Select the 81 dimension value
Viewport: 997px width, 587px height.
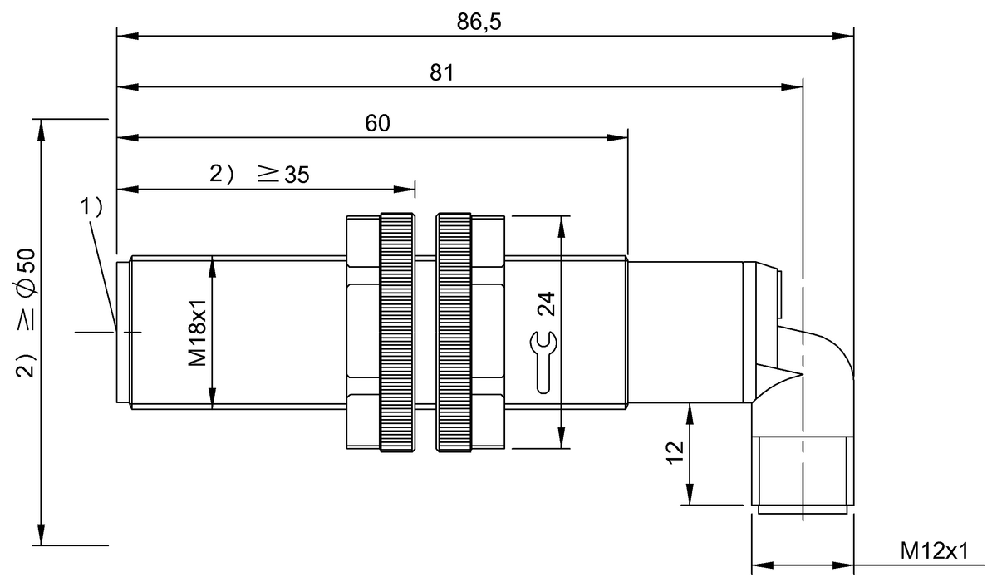coord(441,72)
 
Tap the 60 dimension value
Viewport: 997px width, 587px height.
coord(377,123)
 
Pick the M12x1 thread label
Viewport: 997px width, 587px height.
coord(936,551)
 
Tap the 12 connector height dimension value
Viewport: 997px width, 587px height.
coord(674,451)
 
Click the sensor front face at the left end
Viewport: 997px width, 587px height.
coord(122,333)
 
